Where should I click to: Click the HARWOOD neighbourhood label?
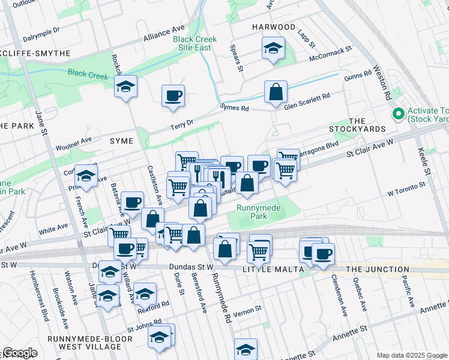tap(274, 27)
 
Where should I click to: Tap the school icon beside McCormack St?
tap(273, 49)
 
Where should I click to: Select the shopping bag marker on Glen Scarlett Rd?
tap(276, 92)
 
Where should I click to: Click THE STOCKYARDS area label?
tap(348, 125)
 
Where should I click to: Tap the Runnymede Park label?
tap(259, 212)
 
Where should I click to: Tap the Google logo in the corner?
tap(20, 353)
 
